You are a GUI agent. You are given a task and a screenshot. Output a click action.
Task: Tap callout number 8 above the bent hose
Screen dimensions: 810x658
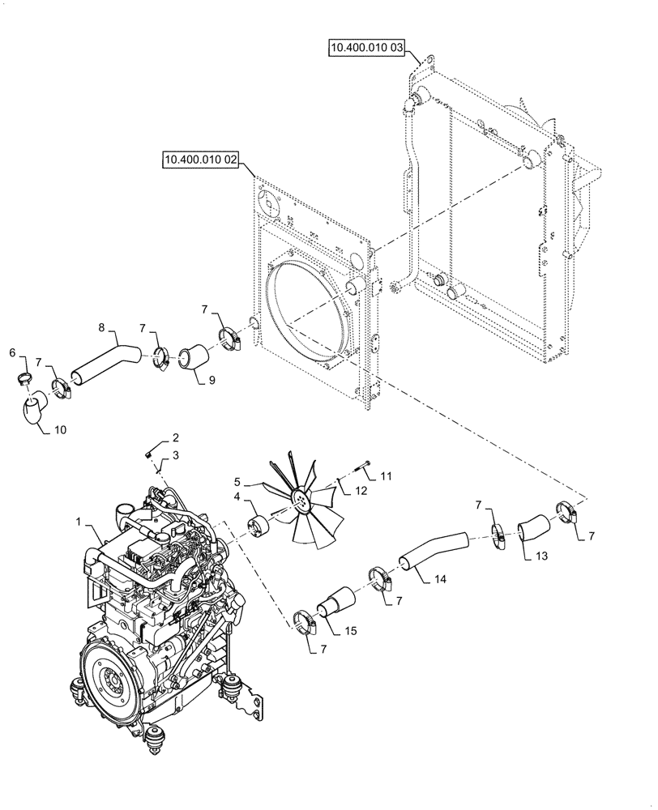[101, 328]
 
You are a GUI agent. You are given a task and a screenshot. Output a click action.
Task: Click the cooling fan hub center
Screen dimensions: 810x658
[299, 505]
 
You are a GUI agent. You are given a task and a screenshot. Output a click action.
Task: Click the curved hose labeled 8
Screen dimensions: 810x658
[105, 360]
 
